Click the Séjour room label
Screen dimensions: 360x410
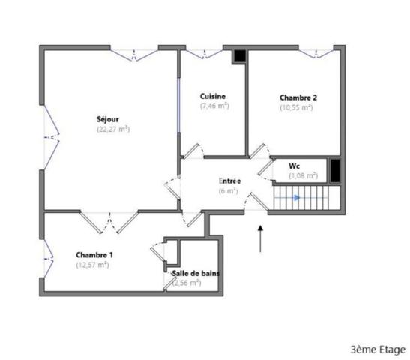pos(107,118)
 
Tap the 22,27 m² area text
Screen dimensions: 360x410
pos(112,129)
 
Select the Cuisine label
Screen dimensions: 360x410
pos(213,96)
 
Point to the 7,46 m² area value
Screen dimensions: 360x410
pos(214,106)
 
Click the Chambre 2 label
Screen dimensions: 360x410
pos(298,97)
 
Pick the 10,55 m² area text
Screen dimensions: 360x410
pos(296,107)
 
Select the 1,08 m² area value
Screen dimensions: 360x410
pos(304,175)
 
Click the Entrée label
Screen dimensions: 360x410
pos(229,181)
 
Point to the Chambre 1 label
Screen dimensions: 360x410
pos(94,255)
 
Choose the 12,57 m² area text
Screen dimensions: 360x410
pos(92,265)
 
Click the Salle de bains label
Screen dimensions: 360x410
pos(196,273)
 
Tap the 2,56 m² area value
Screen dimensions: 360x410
pos(187,283)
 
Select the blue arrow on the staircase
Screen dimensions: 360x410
pos(298,198)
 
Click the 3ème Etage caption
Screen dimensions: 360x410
pos(377,349)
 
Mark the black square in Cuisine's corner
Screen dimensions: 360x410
pos(238,55)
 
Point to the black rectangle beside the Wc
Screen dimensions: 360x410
pos(335,170)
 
